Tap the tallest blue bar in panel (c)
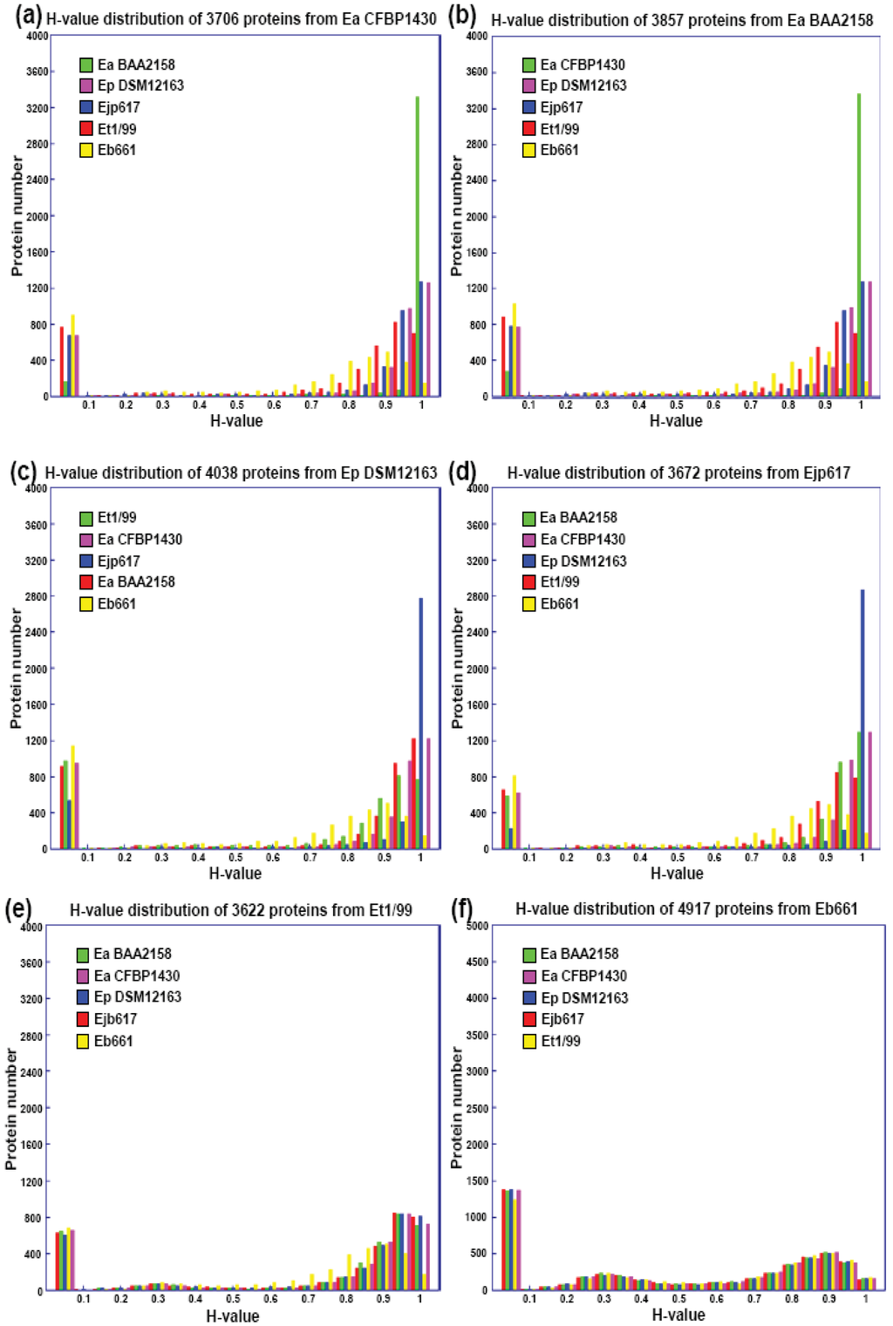coord(421,724)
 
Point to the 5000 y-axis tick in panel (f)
coord(477,926)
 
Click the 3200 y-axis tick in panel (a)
coord(37,108)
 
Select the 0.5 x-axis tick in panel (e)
coord(233,1299)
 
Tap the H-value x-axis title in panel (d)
coord(677,873)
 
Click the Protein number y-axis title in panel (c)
coord(16,668)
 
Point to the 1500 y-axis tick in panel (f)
coord(477,1180)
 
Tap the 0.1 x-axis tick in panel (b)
coord(528,405)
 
